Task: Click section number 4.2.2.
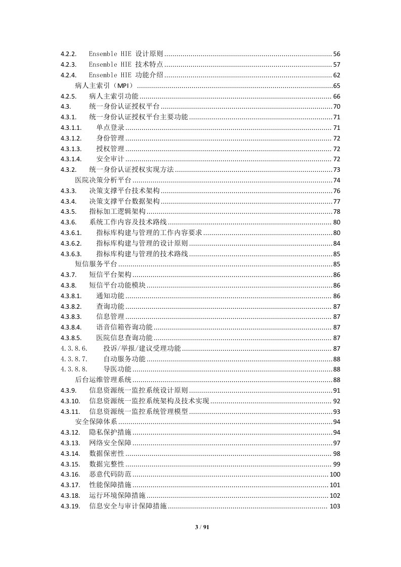tap(68, 54)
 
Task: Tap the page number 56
tap(337, 54)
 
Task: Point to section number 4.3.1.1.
tap(71, 127)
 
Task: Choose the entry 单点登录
tap(110, 127)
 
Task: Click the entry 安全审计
tap(110, 159)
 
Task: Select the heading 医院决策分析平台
tap(103, 180)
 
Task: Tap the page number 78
tap(337, 212)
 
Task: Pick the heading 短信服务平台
tap(96, 264)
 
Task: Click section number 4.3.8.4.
tap(71, 327)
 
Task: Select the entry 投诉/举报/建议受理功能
tap(142, 349)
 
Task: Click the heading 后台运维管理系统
tap(103, 380)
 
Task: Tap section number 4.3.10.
tap(69, 401)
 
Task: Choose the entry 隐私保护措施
tap(110, 433)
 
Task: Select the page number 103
tap(335, 506)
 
